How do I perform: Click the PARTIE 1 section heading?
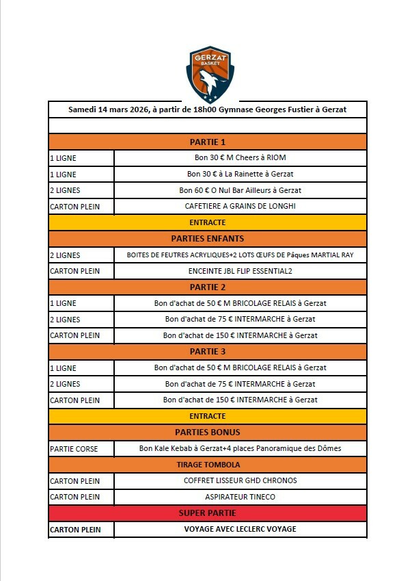coord(207,142)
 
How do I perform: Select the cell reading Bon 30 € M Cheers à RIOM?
coord(240,158)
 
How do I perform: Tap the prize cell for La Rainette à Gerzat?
coord(240,174)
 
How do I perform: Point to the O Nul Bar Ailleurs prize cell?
coord(240,190)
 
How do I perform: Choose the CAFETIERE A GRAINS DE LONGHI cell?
coord(240,206)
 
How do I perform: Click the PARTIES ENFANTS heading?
coord(207,239)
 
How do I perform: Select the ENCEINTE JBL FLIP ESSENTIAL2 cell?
coord(240,271)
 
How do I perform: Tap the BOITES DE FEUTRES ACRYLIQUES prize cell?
coord(240,255)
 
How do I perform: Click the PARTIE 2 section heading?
coord(207,287)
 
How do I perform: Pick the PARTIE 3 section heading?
coord(207,352)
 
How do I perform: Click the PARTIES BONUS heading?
coord(207,432)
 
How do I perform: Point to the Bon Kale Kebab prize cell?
coord(240,449)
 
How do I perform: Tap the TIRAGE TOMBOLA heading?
coord(207,465)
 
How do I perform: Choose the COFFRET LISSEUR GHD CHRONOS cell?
coord(240,480)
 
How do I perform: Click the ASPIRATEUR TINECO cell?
coord(240,497)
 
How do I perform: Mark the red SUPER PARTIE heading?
coord(207,513)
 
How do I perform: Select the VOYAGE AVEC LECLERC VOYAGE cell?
coord(240,529)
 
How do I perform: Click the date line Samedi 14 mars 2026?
coord(207,109)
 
